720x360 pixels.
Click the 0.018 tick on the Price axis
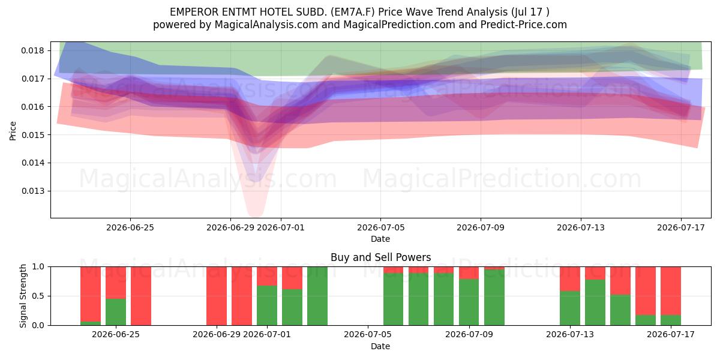coord(33,51)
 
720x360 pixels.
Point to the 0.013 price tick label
coord(33,191)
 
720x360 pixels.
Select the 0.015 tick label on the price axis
coord(33,135)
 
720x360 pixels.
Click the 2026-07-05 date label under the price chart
coord(380,227)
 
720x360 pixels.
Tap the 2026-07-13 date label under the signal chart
coord(570,334)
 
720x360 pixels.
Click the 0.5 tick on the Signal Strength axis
coord(38,296)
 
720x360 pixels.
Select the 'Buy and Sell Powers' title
coord(380,257)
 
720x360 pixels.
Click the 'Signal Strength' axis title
coord(23,296)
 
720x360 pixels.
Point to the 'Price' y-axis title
coord(13,131)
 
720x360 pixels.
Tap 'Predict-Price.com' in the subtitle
coord(524,25)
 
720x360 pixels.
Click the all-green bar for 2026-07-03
coord(317,296)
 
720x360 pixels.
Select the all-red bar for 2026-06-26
coord(141,296)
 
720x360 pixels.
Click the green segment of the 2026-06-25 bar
coord(116,312)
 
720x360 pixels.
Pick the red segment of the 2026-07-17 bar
coord(671,291)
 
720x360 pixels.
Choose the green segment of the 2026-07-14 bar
coord(595,302)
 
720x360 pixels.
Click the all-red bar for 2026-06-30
coord(242,296)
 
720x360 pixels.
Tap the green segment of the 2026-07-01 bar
coord(267,305)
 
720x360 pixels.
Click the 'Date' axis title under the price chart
coord(380,239)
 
